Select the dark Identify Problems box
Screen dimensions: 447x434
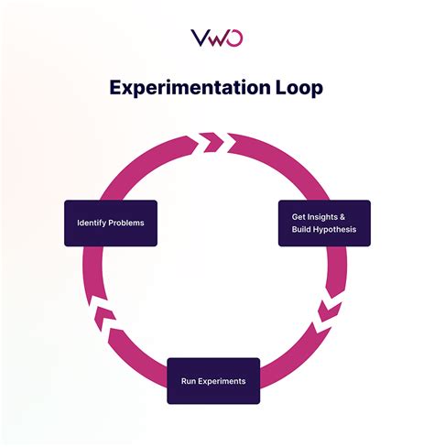(110, 223)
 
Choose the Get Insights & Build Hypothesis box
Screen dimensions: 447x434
(324, 223)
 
